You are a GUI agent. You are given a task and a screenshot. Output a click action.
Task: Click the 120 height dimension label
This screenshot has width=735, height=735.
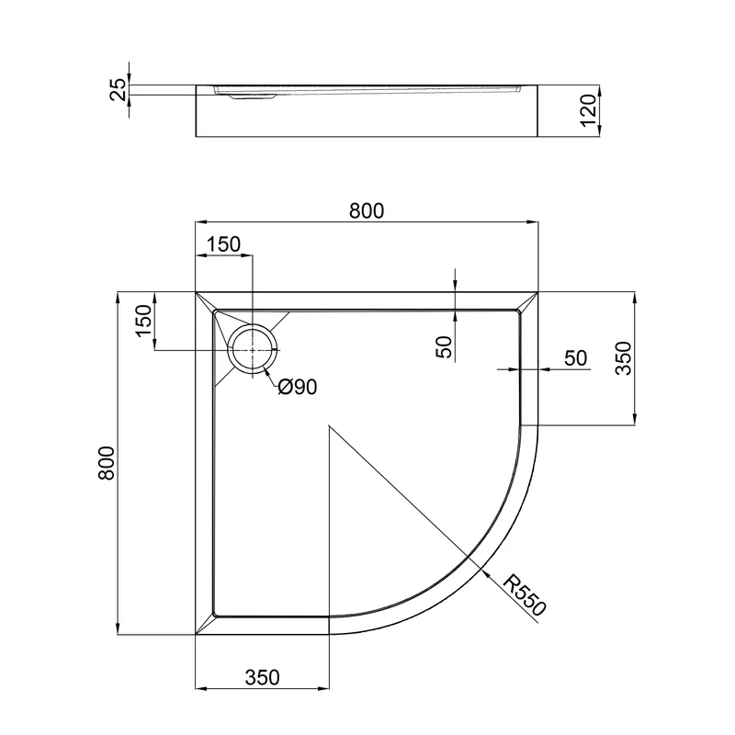click(588, 110)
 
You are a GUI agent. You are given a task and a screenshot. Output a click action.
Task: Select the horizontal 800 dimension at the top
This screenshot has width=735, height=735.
click(367, 211)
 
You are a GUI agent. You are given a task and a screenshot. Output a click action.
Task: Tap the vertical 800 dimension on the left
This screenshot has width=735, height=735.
click(107, 463)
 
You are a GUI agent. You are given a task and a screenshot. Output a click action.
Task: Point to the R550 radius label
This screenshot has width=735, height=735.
click(525, 594)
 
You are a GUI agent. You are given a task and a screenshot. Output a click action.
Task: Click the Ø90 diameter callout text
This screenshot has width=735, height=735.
click(297, 387)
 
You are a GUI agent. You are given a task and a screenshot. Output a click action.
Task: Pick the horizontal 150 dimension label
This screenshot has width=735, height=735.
click(223, 244)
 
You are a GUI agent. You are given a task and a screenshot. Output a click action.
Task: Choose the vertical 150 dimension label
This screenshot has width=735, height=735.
click(143, 320)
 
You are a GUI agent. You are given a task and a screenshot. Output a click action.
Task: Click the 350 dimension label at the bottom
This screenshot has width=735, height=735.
click(262, 677)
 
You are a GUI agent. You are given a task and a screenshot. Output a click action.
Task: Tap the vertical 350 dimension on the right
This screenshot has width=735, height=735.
click(624, 358)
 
